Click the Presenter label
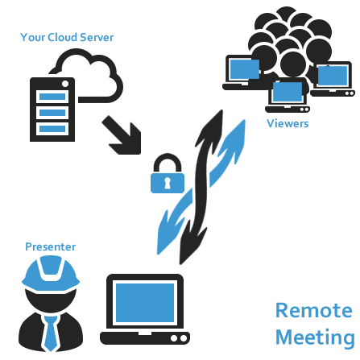(51, 246)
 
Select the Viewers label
(288, 123)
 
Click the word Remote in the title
(314, 311)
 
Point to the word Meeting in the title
(315, 337)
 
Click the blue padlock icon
(168, 173)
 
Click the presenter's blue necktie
(51, 333)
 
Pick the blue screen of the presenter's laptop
(145, 303)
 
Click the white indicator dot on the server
(65, 84)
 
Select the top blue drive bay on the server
(52, 97)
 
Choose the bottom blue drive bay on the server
(52, 129)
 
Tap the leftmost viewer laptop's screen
(245, 69)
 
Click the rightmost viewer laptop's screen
(333, 76)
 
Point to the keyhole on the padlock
(168, 184)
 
